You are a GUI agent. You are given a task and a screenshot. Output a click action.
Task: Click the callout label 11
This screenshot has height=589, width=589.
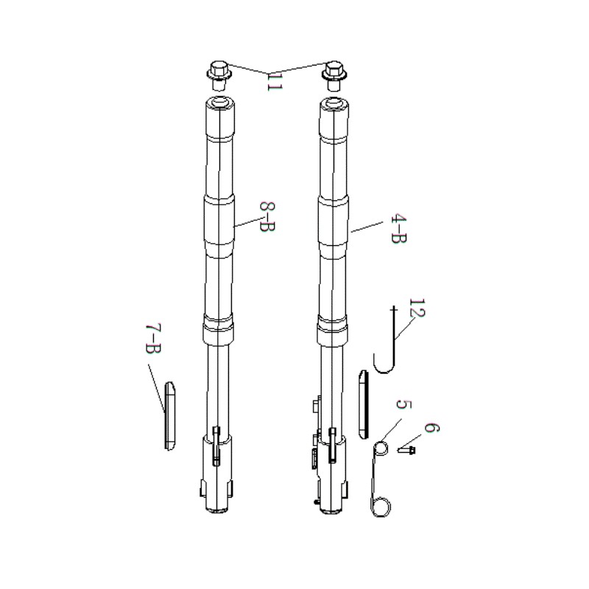pos(274,82)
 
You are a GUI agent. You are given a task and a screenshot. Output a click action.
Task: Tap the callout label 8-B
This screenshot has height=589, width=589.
pos(267,216)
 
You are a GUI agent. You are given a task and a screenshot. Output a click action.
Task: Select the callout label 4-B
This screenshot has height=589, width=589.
pos(398,229)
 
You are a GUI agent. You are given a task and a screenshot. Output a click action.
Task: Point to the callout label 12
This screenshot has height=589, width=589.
pos(417,308)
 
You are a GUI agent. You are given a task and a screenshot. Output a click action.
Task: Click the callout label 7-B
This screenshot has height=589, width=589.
pos(153,338)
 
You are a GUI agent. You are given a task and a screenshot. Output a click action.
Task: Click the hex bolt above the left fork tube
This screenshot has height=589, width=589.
pos(219,76)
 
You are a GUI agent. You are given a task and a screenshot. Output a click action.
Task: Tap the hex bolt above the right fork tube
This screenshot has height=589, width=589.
pos(334,76)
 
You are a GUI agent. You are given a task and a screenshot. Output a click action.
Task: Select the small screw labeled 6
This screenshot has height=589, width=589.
pos(406,449)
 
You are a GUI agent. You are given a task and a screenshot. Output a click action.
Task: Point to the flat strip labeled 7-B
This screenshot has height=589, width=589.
pos(169,416)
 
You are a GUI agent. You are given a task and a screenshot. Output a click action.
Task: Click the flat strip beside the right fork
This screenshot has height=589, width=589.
pos(364,404)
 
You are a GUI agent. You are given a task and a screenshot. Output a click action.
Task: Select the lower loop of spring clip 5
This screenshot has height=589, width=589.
pos(381,507)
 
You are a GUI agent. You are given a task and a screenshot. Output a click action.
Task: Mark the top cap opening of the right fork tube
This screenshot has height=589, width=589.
pos(334,102)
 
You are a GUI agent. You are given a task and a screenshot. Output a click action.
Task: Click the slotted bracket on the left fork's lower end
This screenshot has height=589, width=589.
pos(216,446)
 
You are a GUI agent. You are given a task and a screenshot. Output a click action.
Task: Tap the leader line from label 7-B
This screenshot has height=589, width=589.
pos(156,388)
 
